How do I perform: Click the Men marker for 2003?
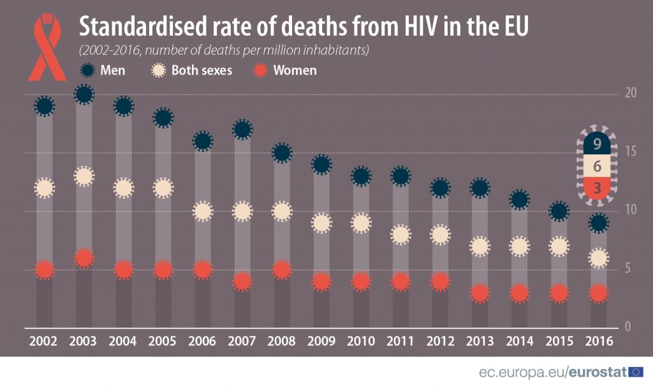pyautogui.click(x=84, y=94)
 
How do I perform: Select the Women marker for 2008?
pyautogui.click(x=282, y=270)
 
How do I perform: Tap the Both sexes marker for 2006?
pyautogui.click(x=203, y=211)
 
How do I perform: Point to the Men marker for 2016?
pyautogui.click(x=598, y=223)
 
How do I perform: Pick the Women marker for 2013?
pyautogui.click(x=480, y=293)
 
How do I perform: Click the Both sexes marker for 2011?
pyautogui.click(x=400, y=235)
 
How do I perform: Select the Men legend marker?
pyautogui.click(x=89, y=70)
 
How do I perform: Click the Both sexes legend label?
pyautogui.click(x=202, y=70)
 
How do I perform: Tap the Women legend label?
pyautogui.click(x=295, y=70)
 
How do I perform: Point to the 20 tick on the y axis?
pyautogui.click(x=631, y=93)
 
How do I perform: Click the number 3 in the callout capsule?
pyautogui.click(x=598, y=188)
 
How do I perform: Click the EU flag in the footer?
pyautogui.click(x=636, y=372)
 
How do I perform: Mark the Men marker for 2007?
pyautogui.click(x=242, y=130)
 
